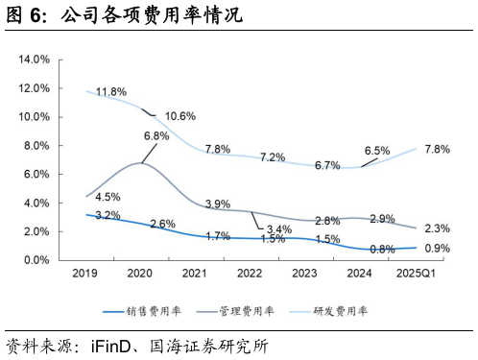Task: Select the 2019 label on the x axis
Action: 85,275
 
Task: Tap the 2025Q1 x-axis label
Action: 417,275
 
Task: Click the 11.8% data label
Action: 111,92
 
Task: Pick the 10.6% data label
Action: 180,116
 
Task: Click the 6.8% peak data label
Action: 155,136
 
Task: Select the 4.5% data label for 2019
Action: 108,198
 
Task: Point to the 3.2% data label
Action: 108,215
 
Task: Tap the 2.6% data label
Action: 163,224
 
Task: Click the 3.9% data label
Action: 218,204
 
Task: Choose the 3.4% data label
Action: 279,229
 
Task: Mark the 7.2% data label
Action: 273,157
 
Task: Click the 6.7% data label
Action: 327,165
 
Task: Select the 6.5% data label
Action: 377,151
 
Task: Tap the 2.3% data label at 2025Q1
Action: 437,228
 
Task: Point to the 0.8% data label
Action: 382,250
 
